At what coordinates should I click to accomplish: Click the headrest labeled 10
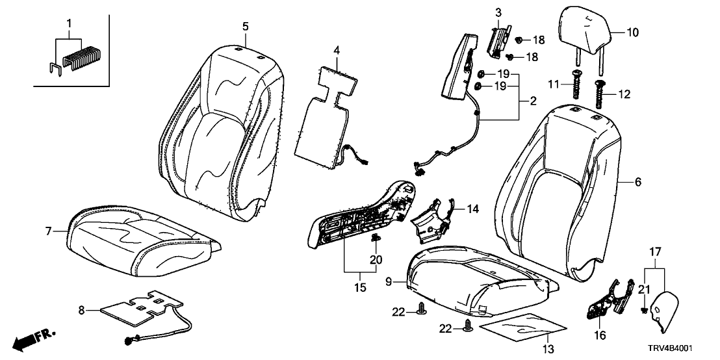[x=584, y=30]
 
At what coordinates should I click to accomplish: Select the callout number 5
[x=245, y=26]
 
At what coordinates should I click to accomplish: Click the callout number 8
[x=82, y=311]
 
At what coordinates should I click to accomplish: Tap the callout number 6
[x=637, y=183]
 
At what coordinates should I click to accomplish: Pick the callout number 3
[x=498, y=12]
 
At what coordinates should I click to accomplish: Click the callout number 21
[x=643, y=289]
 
